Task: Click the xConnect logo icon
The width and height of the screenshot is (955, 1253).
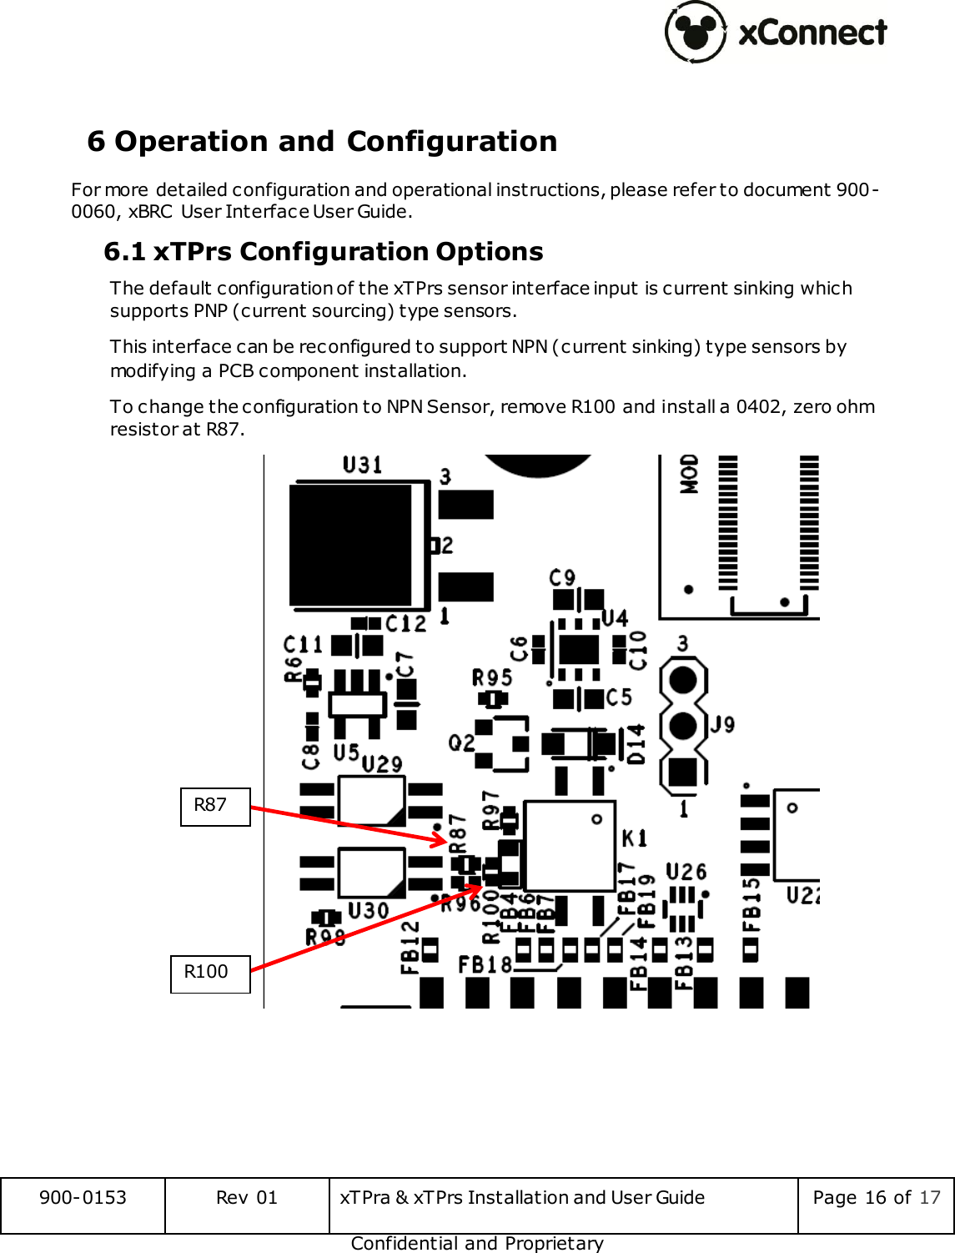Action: tap(696, 32)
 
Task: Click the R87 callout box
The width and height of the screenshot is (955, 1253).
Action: tap(215, 806)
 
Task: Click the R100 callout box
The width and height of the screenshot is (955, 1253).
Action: tap(210, 973)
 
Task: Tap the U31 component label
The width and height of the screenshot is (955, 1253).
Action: tap(363, 465)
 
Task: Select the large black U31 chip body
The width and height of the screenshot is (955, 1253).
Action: tap(350, 546)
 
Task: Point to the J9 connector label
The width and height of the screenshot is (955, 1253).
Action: tap(722, 723)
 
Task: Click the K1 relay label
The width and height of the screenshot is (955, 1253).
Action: tap(634, 837)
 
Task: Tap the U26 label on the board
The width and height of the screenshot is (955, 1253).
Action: tap(686, 873)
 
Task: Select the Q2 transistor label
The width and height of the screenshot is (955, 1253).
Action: tap(461, 742)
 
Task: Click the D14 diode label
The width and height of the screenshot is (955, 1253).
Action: tap(636, 743)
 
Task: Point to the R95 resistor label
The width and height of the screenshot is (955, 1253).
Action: tap(492, 677)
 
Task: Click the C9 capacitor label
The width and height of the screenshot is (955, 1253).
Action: tap(562, 577)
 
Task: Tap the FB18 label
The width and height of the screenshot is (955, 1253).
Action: tap(485, 965)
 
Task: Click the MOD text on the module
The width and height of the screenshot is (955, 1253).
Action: tap(689, 474)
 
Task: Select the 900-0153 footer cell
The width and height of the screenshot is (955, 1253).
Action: tap(83, 1197)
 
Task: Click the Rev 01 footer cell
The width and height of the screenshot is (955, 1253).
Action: tap(247, 1197)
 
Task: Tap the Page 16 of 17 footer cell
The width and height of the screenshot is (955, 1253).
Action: tap(876, 1197)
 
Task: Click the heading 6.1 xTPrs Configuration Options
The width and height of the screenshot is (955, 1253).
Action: tap(324, 251)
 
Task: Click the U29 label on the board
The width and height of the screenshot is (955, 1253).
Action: tap(382, 763)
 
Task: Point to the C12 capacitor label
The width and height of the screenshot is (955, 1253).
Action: tap(405, 623)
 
